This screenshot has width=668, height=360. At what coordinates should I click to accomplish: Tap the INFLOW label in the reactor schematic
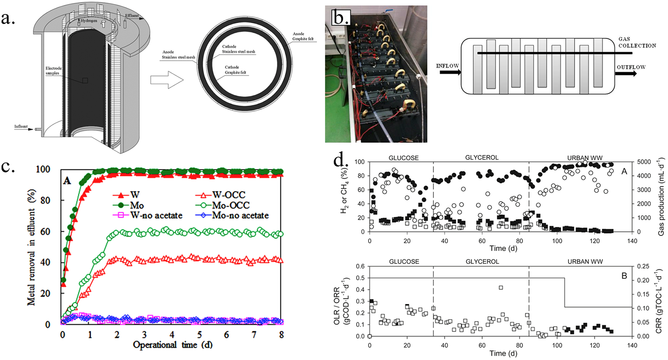[447, 66]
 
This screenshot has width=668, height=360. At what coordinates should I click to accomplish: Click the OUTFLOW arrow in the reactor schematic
[626, 74]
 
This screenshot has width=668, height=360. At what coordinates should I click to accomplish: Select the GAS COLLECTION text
[637, 42]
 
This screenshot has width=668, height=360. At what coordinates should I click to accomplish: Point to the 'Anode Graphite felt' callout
[303, 36]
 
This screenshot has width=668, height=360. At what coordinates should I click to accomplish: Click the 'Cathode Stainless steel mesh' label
[238, 49]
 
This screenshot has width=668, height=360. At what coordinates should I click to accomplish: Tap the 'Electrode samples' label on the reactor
[53, 70]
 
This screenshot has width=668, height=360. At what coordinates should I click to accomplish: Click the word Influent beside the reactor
[21, 126]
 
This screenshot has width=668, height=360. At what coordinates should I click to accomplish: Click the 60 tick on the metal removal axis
[45, 232]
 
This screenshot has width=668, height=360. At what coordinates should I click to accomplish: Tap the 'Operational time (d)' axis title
[172, 345]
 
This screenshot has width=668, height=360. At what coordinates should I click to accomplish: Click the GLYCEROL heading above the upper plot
[482, 157]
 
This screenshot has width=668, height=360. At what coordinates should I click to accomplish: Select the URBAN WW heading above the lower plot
[585, 262]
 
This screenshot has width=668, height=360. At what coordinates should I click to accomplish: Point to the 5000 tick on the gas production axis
[644, 162]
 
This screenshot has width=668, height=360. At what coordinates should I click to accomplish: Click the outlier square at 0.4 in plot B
[501, 288]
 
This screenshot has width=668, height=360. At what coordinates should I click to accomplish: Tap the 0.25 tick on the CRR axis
[643, 266]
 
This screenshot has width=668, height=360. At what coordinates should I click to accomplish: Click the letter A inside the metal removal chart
[67, 180]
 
